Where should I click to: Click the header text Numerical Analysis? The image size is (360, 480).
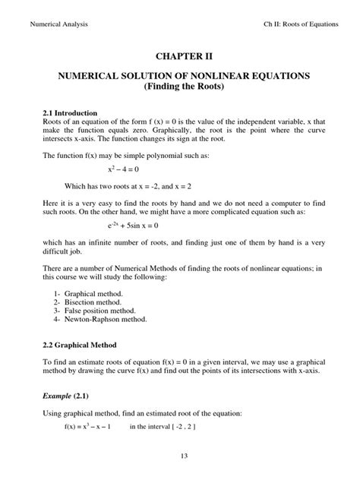click(58, 24)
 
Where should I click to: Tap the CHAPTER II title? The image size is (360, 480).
click(179, 56)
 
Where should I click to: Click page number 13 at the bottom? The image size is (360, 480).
click(179, 456)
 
